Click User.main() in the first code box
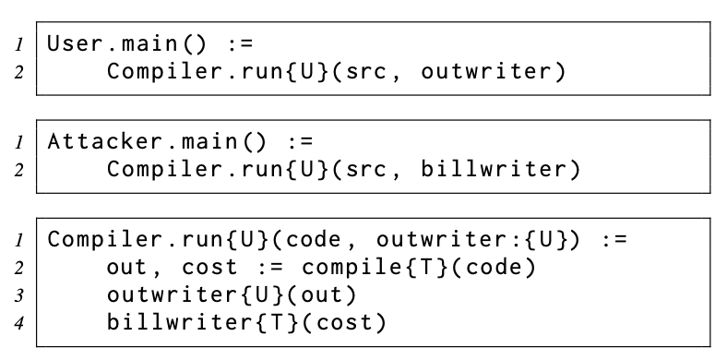click(126, 43)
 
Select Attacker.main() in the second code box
click(156, 141)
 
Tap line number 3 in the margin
click(18, 295)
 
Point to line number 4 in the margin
click(18, 323)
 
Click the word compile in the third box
click(353, 268)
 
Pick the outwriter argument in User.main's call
click(486, 71)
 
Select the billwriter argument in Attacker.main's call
click(494, 169)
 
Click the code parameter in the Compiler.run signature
click(314, 240)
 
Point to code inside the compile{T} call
click(494, 268)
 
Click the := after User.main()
click(241, 44)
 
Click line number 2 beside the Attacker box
click(18, 170)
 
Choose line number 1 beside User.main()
click(18, 45)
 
